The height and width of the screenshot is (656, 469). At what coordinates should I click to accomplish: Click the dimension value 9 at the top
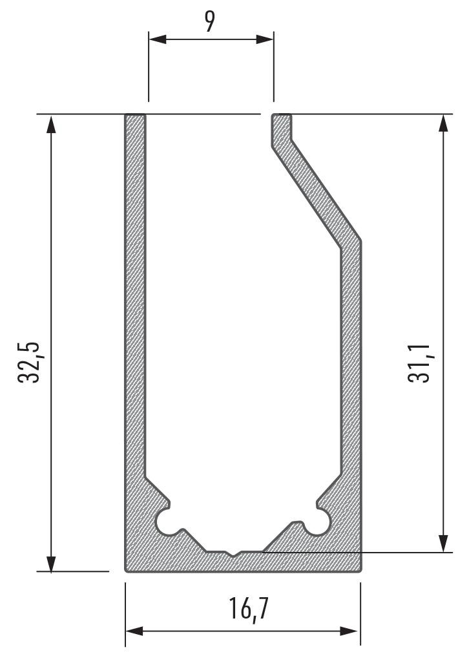click(210, 23)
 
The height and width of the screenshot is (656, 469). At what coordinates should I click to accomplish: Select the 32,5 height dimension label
click(29, 363)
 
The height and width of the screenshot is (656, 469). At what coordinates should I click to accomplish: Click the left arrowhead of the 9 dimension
click(158, 39)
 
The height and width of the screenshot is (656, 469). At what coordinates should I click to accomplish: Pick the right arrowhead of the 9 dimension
click(265, 39)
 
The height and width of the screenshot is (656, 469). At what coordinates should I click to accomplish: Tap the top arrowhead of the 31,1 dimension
click(444, 123)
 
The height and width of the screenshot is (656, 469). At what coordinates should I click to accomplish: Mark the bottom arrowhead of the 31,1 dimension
click(444, 543)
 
